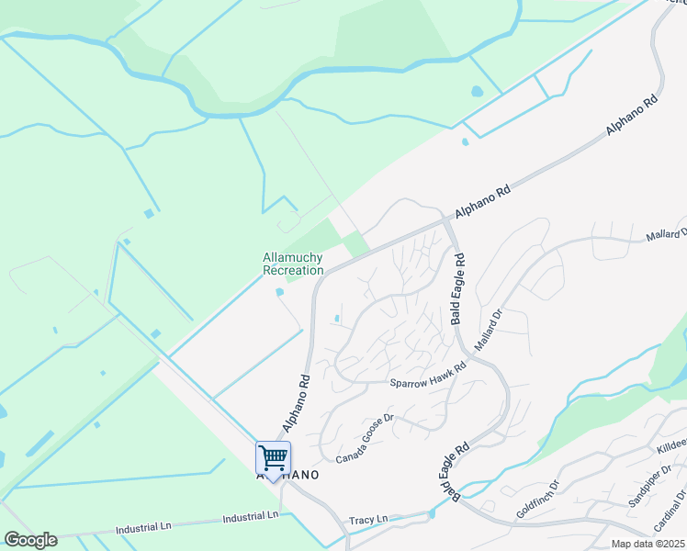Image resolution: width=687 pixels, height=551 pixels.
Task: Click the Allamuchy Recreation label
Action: (x=293, y=264)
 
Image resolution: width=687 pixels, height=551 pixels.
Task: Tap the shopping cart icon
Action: (x=273, y=456)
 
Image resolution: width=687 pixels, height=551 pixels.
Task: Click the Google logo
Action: (x=30, y=540)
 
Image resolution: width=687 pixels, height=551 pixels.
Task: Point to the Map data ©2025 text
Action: (x=648, y=544)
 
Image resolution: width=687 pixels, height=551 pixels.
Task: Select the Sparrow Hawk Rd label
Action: (x=428, y=375)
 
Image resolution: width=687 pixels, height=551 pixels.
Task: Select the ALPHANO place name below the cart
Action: (x=287, y=476)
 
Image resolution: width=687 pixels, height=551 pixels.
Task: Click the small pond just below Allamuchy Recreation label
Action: (x=279, y=293)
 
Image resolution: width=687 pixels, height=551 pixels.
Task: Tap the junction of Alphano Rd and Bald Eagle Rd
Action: (x=446, y=219)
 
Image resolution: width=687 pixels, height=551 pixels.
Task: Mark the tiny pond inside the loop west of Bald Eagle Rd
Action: (x=338, y=320)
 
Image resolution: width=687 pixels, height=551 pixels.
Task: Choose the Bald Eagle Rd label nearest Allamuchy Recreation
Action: (x=457, y=289)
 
